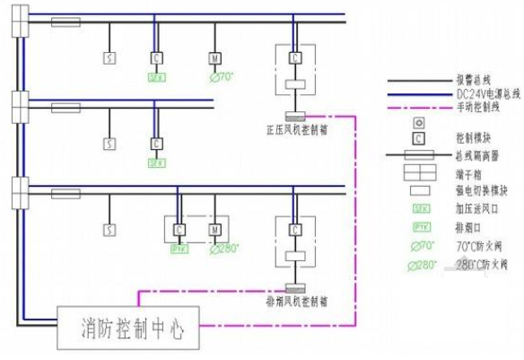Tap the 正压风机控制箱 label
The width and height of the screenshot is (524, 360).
296,129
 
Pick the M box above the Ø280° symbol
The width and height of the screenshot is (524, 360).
214,229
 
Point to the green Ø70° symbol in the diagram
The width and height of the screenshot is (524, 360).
220,77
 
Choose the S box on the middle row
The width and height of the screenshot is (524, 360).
109,143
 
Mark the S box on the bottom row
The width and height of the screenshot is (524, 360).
109,229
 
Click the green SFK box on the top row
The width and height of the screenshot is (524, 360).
156,77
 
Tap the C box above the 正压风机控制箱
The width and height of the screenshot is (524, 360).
295,57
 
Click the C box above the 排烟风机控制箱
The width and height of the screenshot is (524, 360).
295,229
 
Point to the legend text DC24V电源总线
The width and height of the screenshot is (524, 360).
476,93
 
